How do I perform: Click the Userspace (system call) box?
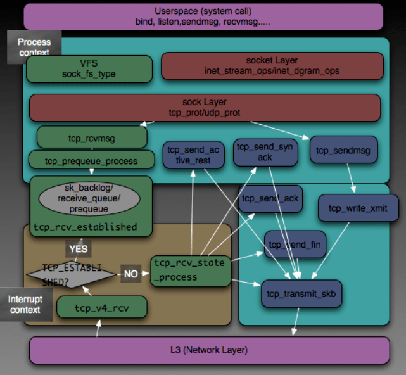tap(203, 16)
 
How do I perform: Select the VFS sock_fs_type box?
tap(89, 69)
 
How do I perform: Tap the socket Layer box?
tap(272, 66)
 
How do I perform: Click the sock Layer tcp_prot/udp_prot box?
tap(205, 108)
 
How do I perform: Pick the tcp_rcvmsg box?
tap(92, 137)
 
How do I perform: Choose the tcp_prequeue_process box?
tap(91, 160)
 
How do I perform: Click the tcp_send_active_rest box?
tap(193, 155)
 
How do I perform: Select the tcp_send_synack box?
tap(265, 152)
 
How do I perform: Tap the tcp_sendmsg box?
tap(343, 149)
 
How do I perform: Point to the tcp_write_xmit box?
tap(358, 208)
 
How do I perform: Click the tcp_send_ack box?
tap(270, 199)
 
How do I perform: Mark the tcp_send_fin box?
tap(295, 245)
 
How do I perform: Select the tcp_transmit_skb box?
tap(301, 293)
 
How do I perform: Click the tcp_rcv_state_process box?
tap(191, 271)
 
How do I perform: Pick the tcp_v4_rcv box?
tap(102, 307)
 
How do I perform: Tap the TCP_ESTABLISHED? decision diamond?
tap(72, 274)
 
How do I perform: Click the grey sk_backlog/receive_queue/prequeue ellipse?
tap(89, 198)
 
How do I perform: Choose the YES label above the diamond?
tap(78, 248)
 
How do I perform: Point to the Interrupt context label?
tap(25, 304)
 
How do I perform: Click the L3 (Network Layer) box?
tap(209, 350)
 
